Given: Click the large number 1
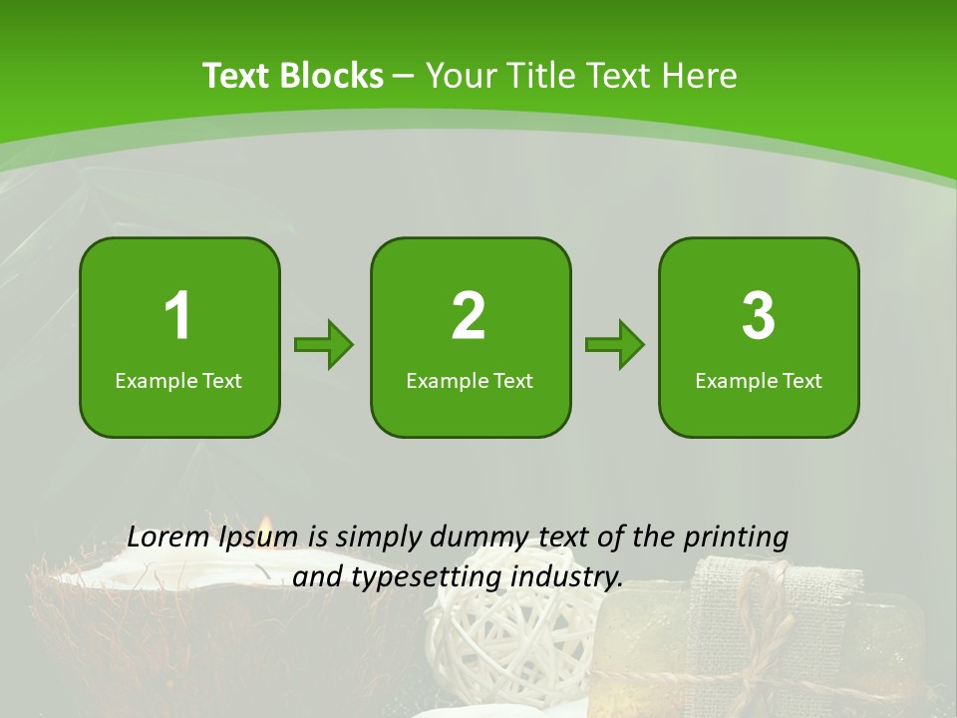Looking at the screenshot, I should (x=177, y=316).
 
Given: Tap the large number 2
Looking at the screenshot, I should (x=469, y=316).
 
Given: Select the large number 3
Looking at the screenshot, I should (x=759, y=316).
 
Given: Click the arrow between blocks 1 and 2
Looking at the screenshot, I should (x=324, y=345).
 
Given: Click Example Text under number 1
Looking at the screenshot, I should (x=178, y=380).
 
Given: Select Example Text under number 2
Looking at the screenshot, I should (x=470, y=380).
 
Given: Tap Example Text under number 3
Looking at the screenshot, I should (x=759, y=380).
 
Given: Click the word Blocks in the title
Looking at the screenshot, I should (x=332, y=76).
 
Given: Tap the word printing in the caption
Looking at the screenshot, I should (x=735, y=538).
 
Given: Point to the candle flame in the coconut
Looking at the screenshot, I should (x=264, y=527).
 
